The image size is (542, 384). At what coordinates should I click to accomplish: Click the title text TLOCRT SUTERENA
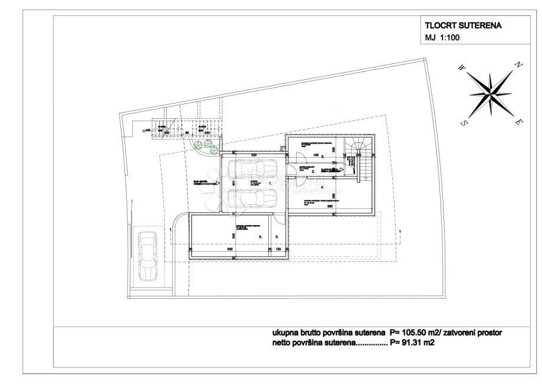coord(464,26)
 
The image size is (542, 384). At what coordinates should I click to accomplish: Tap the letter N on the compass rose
coord(518,65)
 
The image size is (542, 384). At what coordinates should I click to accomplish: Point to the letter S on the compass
coord(464,123)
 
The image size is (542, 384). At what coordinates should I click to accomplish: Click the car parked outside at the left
coord(147,256)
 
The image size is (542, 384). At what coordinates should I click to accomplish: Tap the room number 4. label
coord(323,187)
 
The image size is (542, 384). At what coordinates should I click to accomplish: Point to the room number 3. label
coord(323,157)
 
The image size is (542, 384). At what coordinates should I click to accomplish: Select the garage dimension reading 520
coord(254,155)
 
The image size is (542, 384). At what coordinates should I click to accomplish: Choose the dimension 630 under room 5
coord(229,250)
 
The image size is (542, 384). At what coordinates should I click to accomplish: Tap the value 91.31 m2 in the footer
coord(415,343)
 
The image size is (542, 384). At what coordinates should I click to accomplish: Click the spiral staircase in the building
coord(358,147)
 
